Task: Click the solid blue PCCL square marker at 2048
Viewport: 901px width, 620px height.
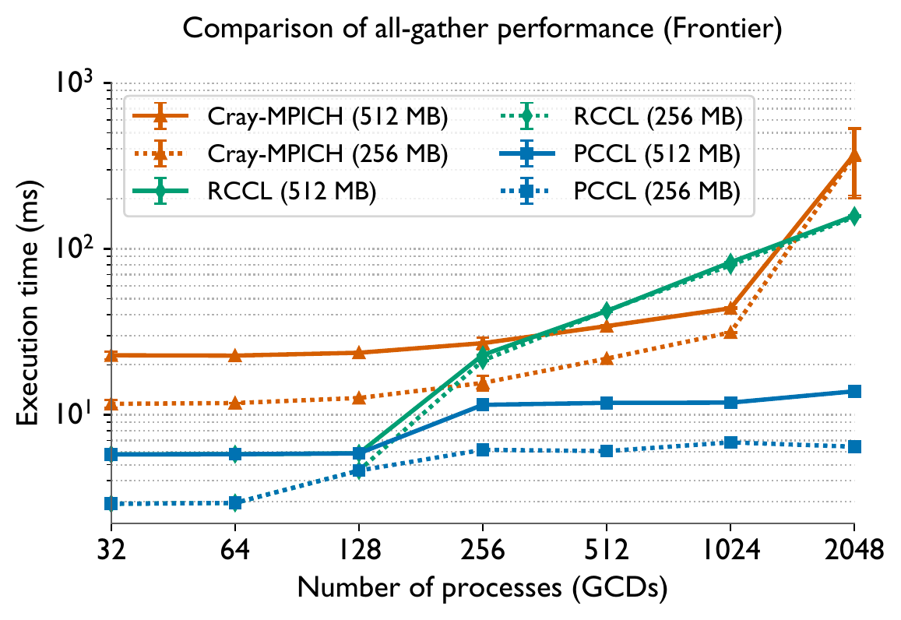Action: [x=854, y=391]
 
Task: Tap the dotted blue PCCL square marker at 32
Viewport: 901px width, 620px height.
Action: [x=111, y=504]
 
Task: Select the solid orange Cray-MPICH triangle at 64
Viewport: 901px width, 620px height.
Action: [x=235, y=356]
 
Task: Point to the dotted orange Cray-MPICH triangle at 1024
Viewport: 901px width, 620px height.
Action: [x=730, y=333]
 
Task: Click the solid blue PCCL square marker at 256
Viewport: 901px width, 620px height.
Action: [x=483, y=405]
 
